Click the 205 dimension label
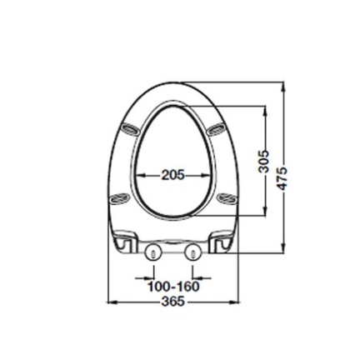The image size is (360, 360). tap(173, 175)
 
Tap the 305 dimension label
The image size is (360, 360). tap(263, 162)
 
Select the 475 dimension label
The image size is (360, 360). tap(282, 178)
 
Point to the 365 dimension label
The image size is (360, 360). tap(173, 302)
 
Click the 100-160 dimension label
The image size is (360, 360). tap(173, 287)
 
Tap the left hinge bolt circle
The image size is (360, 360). tap(153, 252)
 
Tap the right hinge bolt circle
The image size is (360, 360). tap(192, 252)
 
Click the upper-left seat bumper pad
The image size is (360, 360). tap(130, 130)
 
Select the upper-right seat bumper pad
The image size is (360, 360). tap(216, 128)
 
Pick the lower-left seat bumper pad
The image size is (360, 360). tap(120, 198)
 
